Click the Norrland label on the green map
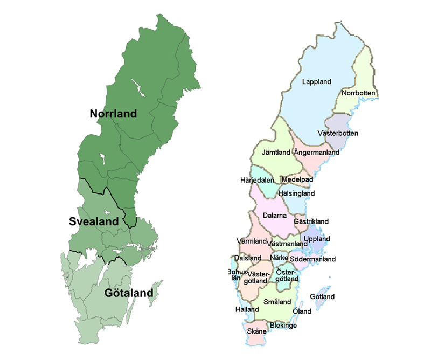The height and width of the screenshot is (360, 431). (113, 114)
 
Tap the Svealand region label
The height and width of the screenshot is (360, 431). (93, 221)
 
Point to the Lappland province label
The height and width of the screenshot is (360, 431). (317, 81)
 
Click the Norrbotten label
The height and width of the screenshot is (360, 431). (358, 93)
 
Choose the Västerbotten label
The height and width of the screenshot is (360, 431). (338, 133)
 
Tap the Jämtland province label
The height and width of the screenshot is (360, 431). (276, 153)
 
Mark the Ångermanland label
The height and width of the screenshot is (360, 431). (317, 153)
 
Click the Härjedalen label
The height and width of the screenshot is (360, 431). (257, 180)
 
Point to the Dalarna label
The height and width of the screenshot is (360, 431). (275, 216)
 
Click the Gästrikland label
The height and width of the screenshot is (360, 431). (311, 221)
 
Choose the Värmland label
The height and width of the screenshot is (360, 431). (252, 240)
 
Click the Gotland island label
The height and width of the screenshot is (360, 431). (323, 297)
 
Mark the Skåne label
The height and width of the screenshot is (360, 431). (256, 331)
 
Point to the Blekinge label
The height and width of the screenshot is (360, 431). (283, 326)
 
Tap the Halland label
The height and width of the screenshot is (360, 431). (247, 310)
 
